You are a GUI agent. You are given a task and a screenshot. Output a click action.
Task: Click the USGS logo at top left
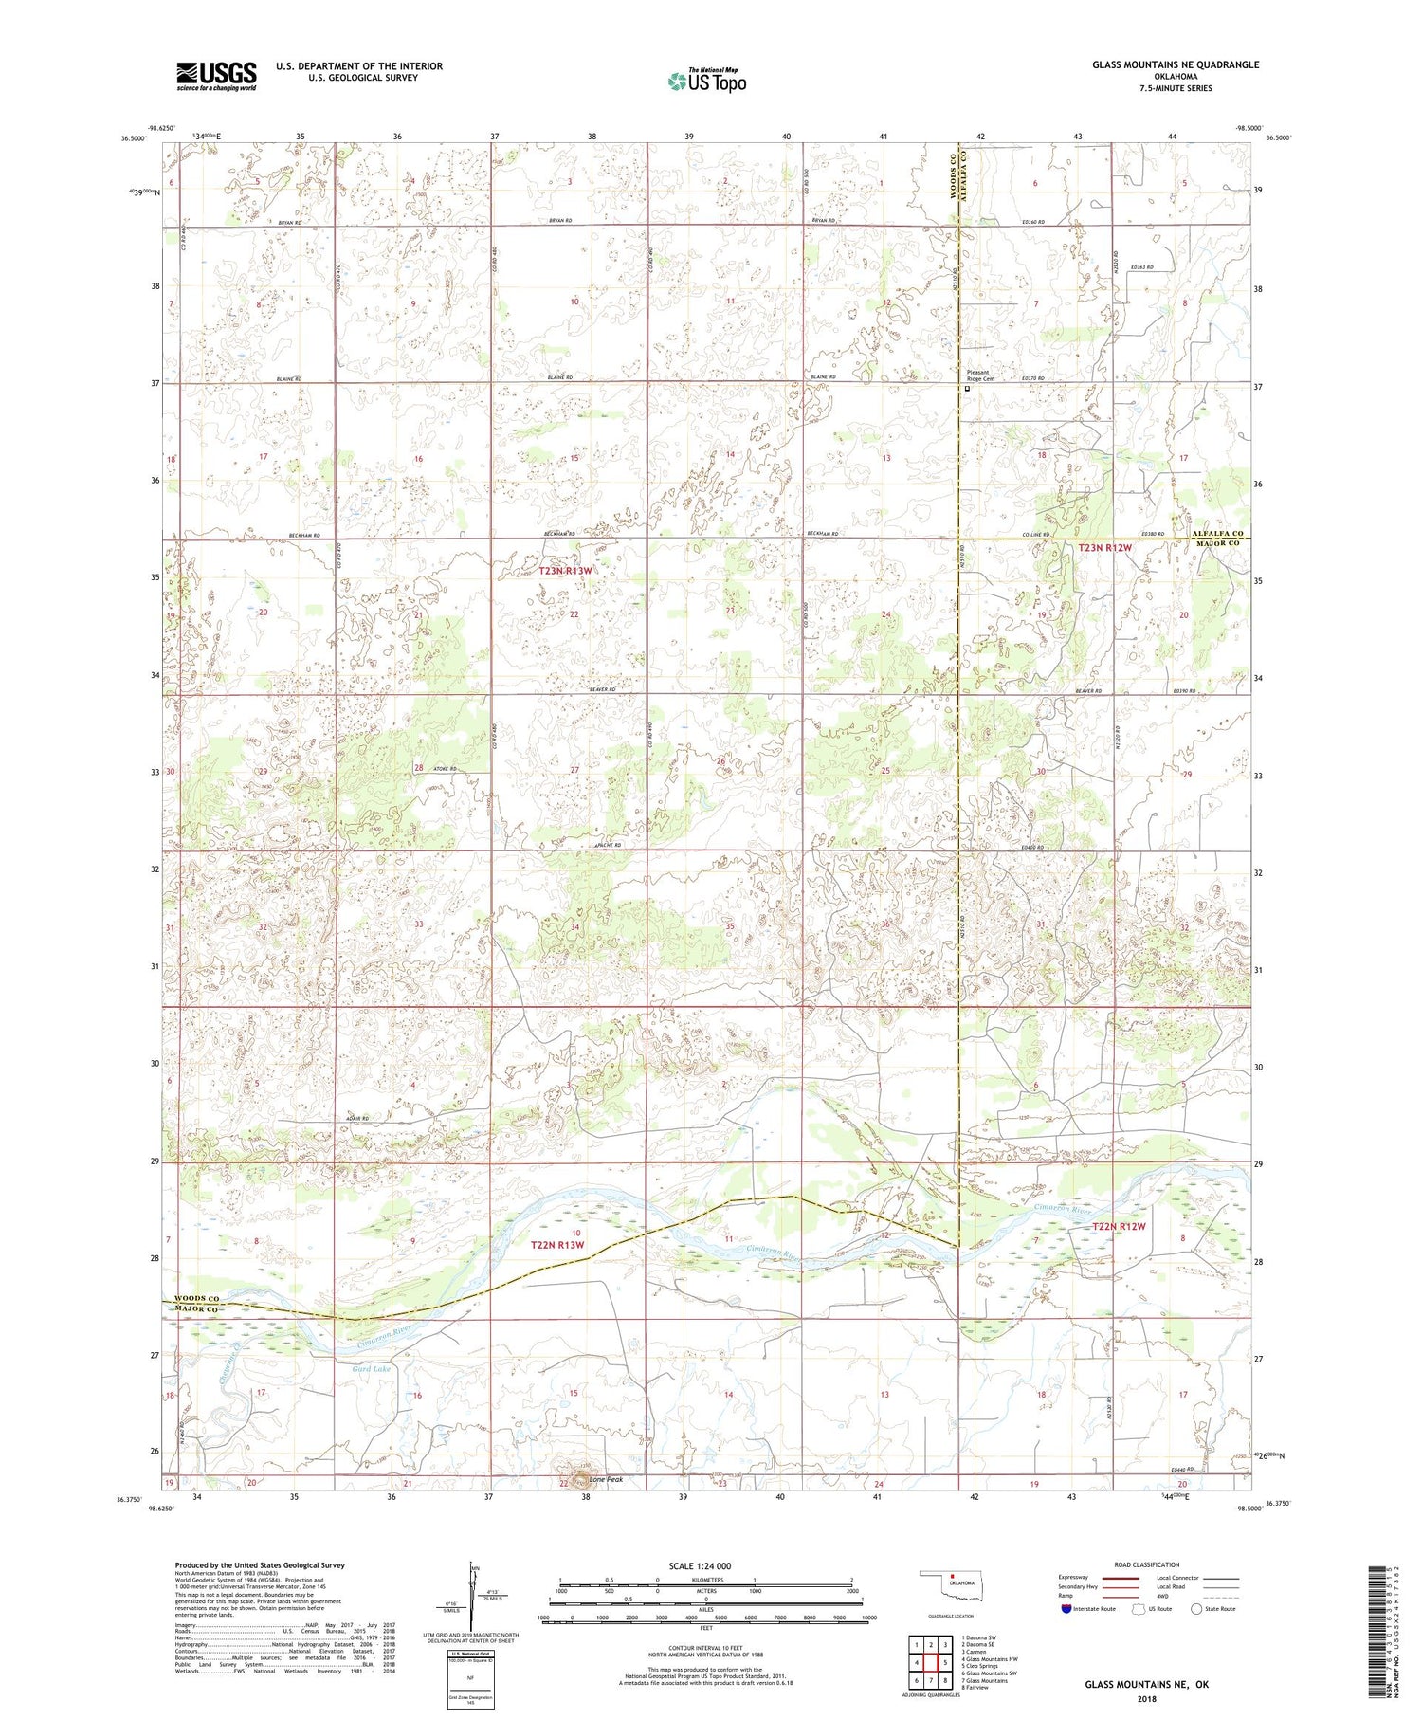coord(216,76)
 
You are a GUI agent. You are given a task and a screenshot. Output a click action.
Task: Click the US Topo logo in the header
coord(707,81)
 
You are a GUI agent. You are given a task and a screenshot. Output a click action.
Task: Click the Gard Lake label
coord(372,1369)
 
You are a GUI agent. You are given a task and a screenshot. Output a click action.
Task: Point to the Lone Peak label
coord(605,1479)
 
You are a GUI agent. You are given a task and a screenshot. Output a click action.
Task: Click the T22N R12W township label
coord(1119,1226)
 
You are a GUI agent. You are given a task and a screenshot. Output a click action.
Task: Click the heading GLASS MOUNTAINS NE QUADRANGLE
coord(1176,64)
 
